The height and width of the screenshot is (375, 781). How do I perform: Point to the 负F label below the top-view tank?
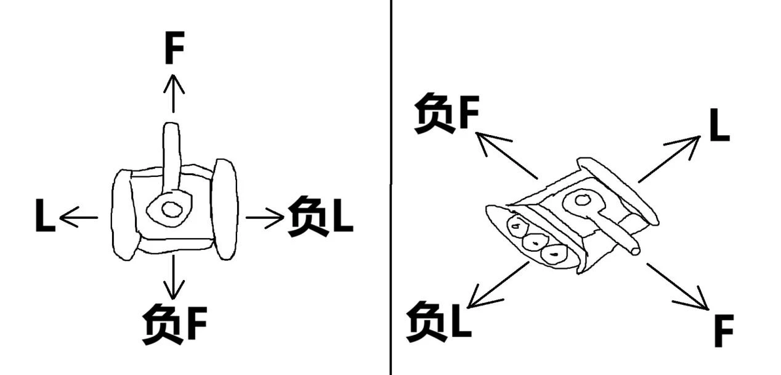coord(174,324)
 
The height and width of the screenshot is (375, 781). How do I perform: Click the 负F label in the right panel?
coord(446,113)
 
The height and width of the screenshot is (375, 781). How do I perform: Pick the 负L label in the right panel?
coord(438,322)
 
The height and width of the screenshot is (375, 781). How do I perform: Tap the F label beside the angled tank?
coord(724,331)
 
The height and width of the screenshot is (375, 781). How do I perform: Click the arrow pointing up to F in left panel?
coord(174,92)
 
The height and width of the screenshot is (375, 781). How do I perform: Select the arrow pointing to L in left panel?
coord(78,218)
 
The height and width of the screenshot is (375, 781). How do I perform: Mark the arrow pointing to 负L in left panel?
coord(265,218)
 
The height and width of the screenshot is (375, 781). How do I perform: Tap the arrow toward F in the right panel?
coord(677,286)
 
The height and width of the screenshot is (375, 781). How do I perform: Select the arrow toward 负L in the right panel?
coord(499,285)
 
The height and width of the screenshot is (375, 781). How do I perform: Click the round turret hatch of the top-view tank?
coord(172,210)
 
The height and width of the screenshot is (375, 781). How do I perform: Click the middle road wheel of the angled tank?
coord(535,243)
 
